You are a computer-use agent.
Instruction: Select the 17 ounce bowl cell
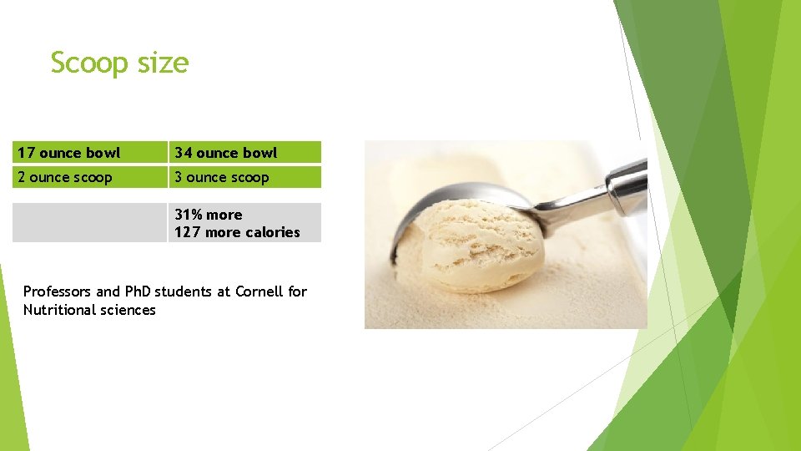(x=89, y=152)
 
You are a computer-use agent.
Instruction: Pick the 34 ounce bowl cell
(x=244, y=152)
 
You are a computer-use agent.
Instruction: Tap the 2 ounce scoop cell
(x=89, y=177)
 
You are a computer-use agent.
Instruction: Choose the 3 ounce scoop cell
(x=244, y=177)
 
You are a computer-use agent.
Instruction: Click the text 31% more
(x=209, y=215)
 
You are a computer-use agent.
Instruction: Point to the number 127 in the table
(x=187, y=232)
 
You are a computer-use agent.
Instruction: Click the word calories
(x=272, y=232)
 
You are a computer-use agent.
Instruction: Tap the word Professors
(x=58, y=291)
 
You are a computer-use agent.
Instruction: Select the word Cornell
(x=259, y=291)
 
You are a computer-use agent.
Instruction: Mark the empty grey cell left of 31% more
(x=89, y=223)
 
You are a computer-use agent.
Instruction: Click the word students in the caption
(x=193, y=291)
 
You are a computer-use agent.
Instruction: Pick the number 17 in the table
(x=26, y=152)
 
